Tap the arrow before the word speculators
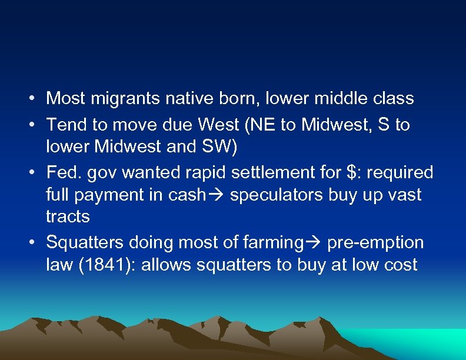pyautogui.click(x=218, y=195)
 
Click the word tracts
pyautogui.click(x=68, y=216)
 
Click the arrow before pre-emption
pyautogui.click(x=315, y=242)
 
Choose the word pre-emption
pyautogui.click(x=375, y=242)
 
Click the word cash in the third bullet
pyautogui.click(x=187, y=195)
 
